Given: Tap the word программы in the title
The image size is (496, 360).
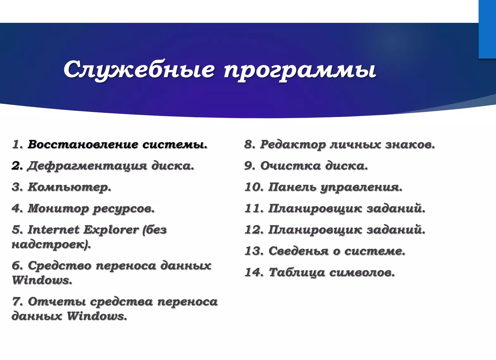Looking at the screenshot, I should pos(300,70).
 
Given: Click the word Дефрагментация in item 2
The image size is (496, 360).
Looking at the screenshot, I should pos(87,166).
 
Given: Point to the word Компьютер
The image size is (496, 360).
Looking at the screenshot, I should pos(69,187).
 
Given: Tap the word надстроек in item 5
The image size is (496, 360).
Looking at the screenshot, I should pos(50,244).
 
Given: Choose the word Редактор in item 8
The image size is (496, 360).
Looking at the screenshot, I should pos(293,145).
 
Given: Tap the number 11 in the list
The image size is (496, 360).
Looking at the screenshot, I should pos(254,208).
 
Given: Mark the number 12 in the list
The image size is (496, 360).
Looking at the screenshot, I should pos(254,229).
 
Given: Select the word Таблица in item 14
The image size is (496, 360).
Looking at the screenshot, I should pos(297,272).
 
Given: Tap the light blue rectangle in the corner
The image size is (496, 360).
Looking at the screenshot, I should pos(487,29).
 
